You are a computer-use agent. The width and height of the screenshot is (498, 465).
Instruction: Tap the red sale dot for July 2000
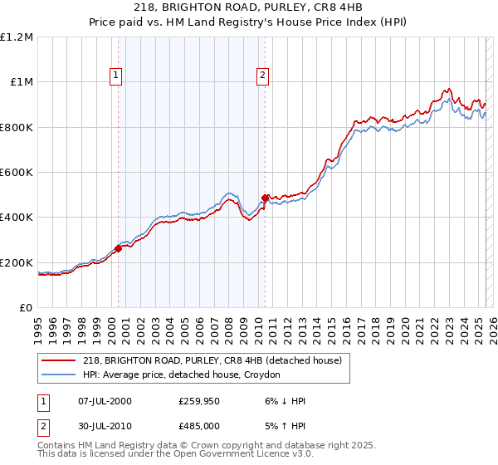[118, 249]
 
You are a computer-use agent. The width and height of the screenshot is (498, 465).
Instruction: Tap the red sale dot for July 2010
[265, 198]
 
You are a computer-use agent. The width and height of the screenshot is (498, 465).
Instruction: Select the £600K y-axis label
[17, 172]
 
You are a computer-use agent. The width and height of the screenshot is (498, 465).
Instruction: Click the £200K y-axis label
[17, 262]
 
